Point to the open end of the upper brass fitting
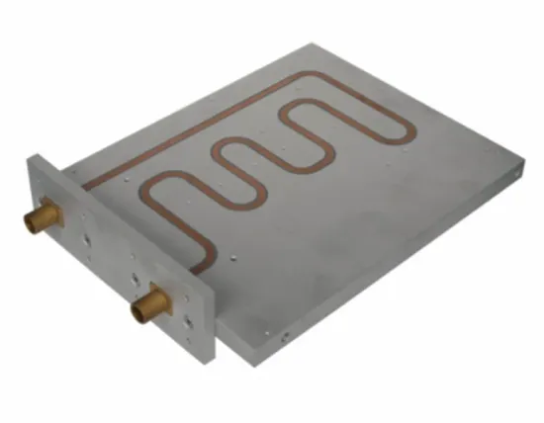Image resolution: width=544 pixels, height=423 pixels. point(31,223)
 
